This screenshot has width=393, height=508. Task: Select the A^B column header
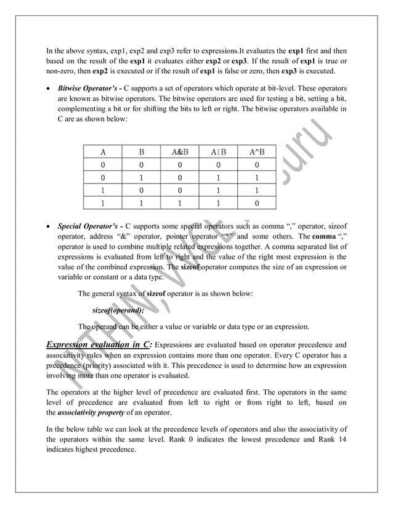tap(257, 150)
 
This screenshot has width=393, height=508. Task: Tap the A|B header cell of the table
tap(219, 150)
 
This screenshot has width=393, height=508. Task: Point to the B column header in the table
tap(142, 150)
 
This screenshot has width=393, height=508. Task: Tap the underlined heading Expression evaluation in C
tap(99, 344)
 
